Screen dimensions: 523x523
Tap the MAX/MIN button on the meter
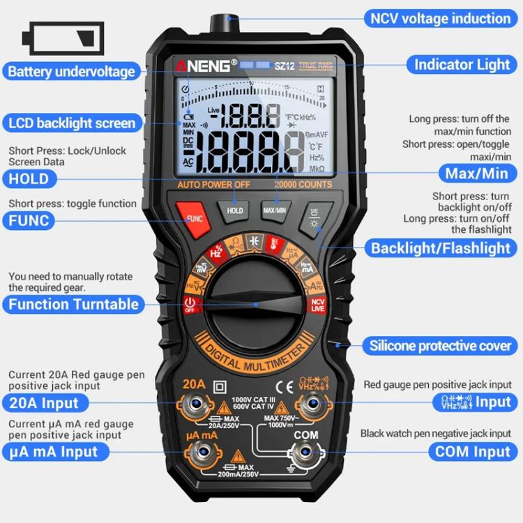pos(275,209)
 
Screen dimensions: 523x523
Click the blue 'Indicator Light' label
pos(462,65)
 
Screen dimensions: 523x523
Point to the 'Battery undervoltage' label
pos(70,71)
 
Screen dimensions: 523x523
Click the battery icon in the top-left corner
pos(63,38)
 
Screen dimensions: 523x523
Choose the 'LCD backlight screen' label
pos(72,123)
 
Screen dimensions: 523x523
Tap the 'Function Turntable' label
pos(73,304)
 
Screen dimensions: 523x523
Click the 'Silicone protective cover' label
pos(441,345)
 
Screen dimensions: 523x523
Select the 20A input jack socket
pos(201,405)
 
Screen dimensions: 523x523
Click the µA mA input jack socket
pos(202,453)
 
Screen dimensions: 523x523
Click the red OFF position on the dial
pos(190,305)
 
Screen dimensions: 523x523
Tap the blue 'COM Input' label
pos(473,452)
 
